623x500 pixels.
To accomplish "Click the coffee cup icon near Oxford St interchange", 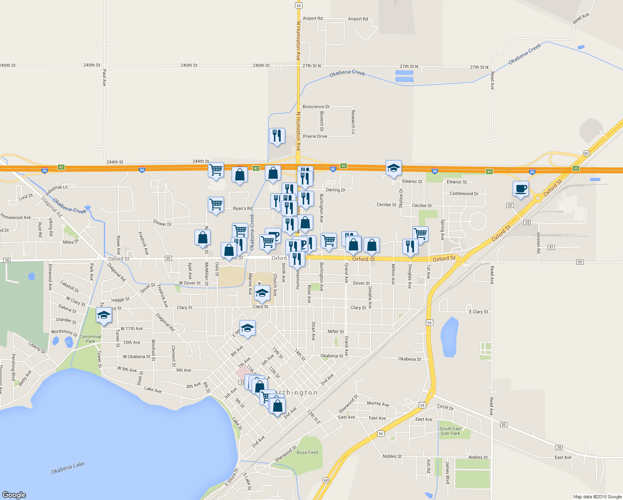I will (x=521, y=189).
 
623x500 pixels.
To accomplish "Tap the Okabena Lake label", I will (x=67, y=468).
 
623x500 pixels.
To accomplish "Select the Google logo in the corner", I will (x=14, y=495).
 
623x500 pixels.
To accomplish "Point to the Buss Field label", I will (x=307, y=452).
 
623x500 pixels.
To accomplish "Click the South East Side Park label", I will (x=450, y=431).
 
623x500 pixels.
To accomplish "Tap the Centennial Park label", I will (x=90, y=339).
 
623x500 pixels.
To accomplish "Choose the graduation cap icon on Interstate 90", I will (x=394, y=168).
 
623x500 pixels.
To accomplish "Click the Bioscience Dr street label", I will (x=316, y=107).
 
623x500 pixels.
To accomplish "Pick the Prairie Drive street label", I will (x=315, y=136).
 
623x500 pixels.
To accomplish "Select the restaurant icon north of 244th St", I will (x=277, y=136).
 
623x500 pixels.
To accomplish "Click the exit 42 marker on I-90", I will (x=61, y=167).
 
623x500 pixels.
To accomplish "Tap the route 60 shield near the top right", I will (x=586, y=153).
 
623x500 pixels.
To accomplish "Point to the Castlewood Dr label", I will (x=464, y=194).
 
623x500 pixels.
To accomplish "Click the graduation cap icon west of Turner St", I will (x=104, y=315).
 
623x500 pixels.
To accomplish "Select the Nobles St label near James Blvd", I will (x=478, y=457).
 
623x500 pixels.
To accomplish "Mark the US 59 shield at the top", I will (x=298, y=5).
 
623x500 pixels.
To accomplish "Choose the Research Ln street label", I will (x=353, y=122).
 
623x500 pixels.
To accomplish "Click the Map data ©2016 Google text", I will (x=597, y=497).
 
